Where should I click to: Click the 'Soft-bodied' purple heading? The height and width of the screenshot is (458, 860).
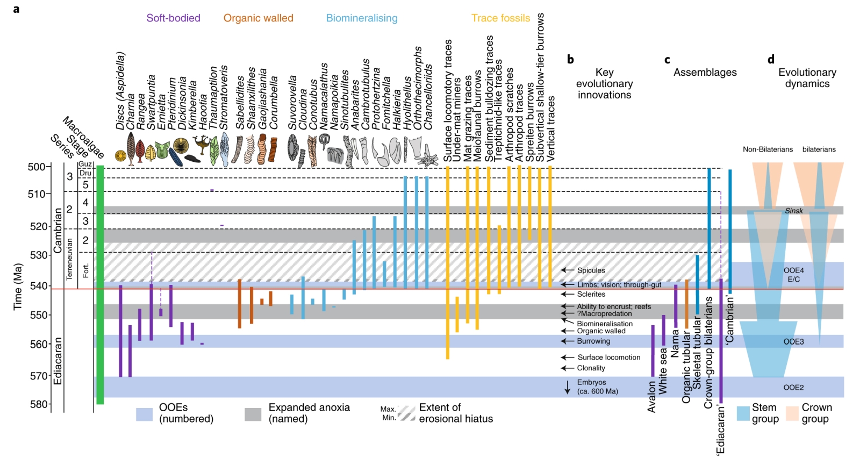[x=173, y=18]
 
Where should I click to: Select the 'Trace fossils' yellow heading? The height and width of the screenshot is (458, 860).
[x=500, y=18]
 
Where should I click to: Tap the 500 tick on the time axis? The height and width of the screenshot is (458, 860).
[x=49, y=167]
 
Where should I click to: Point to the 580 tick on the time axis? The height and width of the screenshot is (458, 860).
[x=49, y=404]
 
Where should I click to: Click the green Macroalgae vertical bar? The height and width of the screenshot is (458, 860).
[x=100, y=285]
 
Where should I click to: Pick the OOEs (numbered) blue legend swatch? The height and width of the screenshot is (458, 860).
[x=144, y=414]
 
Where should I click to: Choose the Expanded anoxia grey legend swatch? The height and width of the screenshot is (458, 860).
[x=253, y=414]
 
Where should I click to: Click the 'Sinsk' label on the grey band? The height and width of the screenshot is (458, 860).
[x=793, y=211]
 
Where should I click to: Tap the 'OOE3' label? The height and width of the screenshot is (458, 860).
[x=793, y=342]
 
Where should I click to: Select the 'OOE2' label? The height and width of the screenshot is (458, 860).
[x=793, y=388]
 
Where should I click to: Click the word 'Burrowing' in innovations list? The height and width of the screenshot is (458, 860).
[x=593, y=341]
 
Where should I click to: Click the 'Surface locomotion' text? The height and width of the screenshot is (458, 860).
[x=609, y=357]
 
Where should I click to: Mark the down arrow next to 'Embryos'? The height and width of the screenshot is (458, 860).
[x=567, y=387]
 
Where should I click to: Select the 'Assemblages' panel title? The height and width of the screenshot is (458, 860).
[x=705, y=73]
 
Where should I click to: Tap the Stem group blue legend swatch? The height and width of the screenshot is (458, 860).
[x=743, y=413]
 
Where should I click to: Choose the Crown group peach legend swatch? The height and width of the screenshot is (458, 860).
[x=792, y=413]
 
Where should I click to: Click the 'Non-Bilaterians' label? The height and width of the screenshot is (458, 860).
[x=768, y=149]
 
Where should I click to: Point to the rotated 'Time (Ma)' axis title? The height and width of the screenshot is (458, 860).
[x=18, y=287]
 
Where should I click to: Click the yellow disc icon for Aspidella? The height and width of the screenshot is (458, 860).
[x=121, y=156]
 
